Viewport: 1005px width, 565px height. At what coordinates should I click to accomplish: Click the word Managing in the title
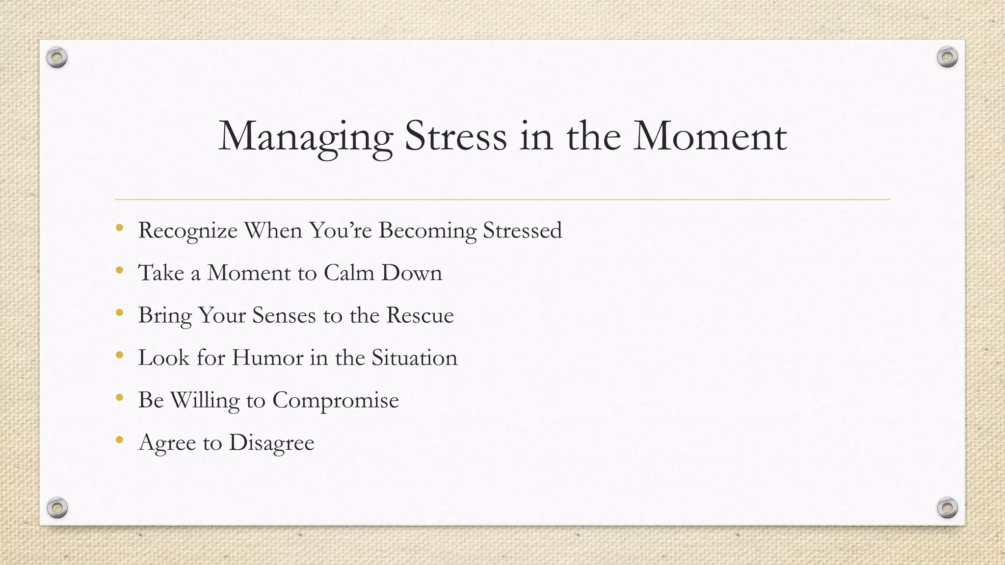click(305, 136)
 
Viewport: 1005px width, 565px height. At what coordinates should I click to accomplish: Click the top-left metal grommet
click(57, 58)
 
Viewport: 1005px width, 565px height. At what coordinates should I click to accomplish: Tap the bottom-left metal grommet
click(57, 508)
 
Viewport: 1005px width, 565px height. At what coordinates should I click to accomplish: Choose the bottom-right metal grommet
click(947, 508)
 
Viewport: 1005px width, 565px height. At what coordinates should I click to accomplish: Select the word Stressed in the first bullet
click(522, 230)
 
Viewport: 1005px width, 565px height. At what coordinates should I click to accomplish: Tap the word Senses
click(284, 315)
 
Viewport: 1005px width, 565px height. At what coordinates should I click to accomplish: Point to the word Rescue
click(420, 315)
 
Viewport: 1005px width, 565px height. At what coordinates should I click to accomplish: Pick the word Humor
click(267, 358)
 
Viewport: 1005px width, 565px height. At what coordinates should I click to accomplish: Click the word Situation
click(414, 358)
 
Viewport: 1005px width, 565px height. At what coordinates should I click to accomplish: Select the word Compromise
click(335, 400)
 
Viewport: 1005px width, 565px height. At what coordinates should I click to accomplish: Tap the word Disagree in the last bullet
click(271, 443)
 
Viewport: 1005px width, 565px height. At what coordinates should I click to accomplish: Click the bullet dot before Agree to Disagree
click(119, 440)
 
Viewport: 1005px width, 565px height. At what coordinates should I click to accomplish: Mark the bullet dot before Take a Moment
click(119, 270)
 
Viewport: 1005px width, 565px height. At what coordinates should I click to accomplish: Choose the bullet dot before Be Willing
click(119, 397)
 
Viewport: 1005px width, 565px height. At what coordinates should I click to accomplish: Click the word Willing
click(205, 400)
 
